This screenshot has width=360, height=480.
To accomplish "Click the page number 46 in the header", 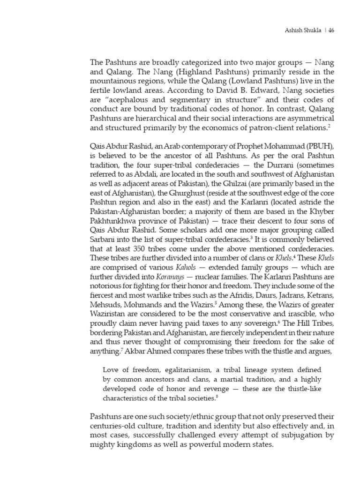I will pos(331,31).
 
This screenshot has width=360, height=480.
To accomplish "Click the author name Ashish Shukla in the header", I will pos(301,31).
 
